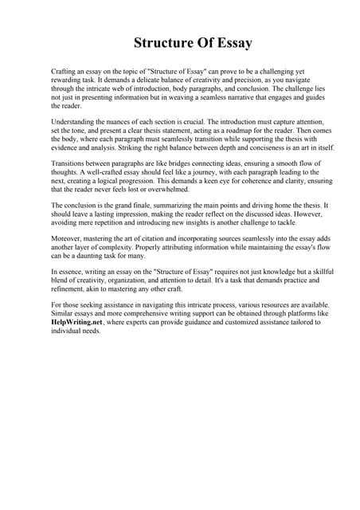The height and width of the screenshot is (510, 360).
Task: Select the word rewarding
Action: [x=70, y=80]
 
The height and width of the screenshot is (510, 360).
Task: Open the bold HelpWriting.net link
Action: [x=77, y=322]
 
